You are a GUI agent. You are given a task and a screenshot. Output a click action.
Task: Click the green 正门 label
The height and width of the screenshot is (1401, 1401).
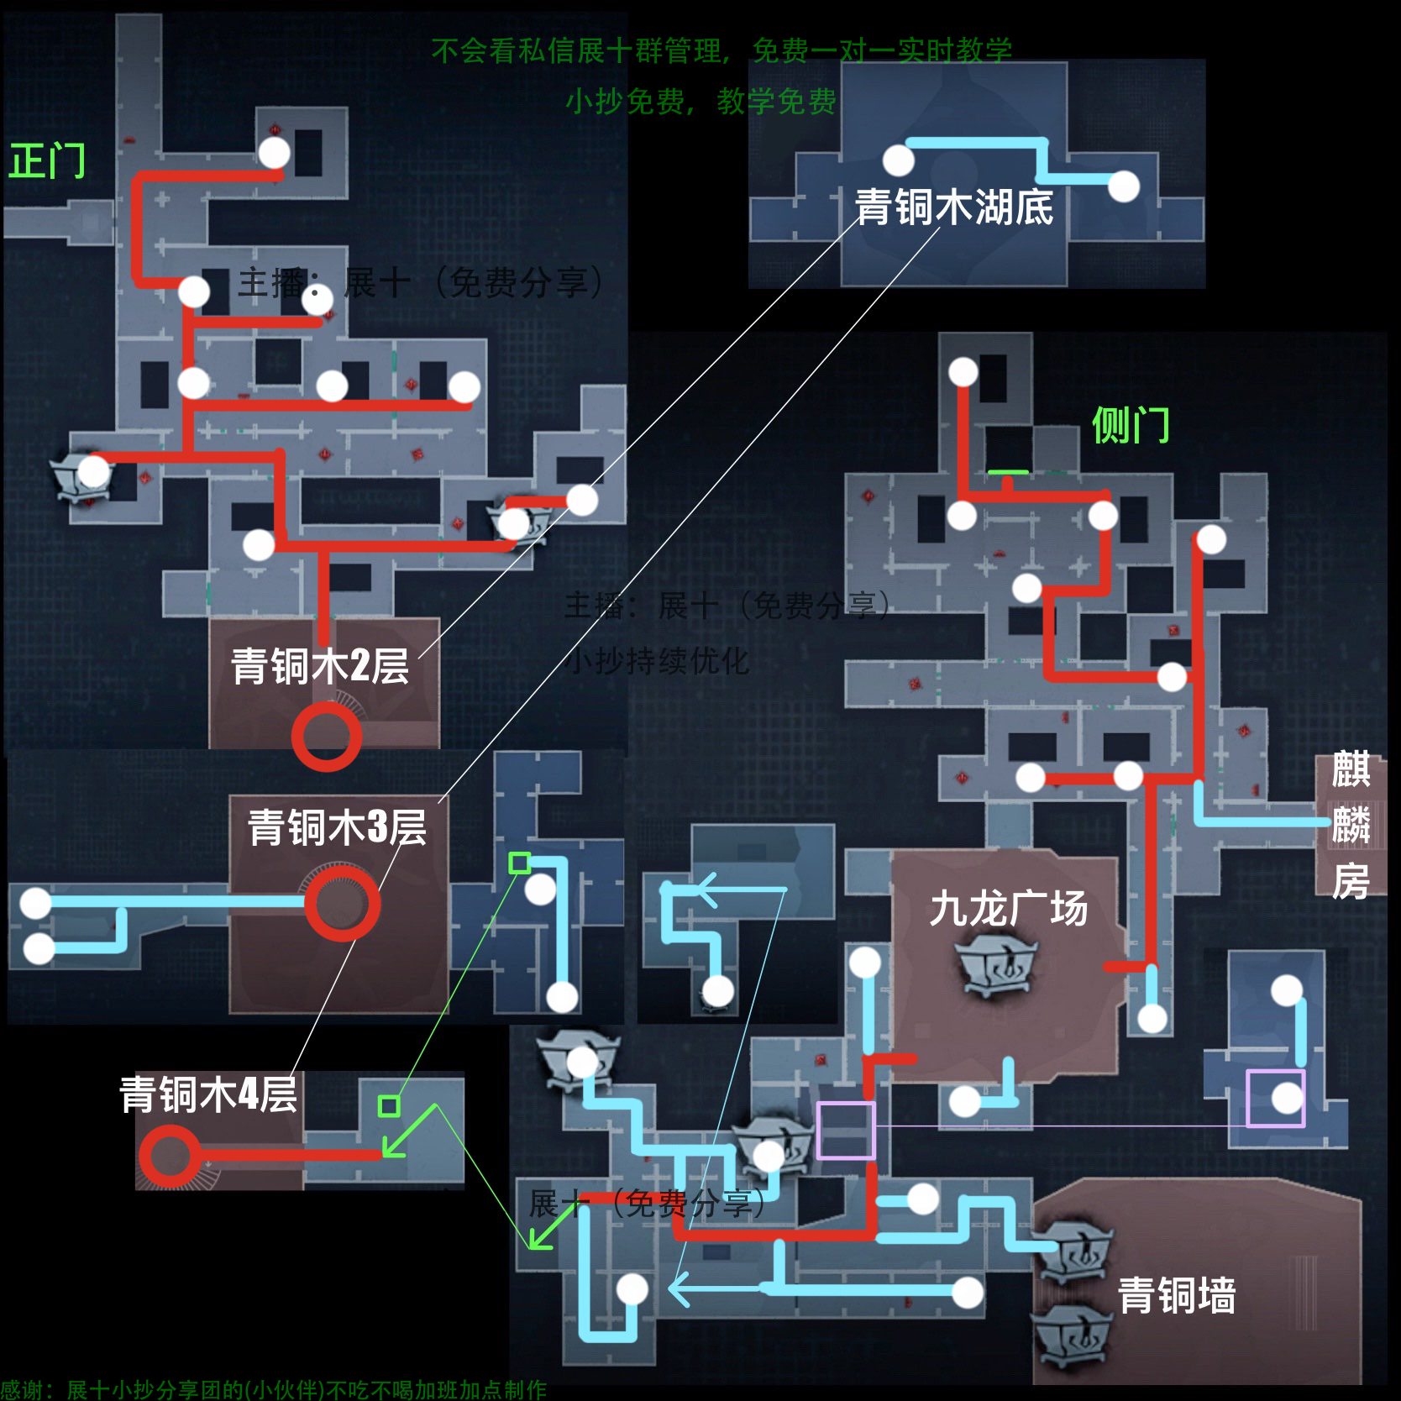coord(47,160)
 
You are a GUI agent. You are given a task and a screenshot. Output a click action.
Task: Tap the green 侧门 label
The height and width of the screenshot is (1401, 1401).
coord(1131,425)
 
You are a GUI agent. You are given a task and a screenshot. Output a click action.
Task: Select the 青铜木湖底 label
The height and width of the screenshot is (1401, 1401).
coord(953,207)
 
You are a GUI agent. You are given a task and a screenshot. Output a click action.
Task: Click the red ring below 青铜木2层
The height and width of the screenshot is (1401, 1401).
coord(327,737)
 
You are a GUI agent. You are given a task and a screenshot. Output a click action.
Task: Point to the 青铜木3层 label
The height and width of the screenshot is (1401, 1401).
coord(337,827)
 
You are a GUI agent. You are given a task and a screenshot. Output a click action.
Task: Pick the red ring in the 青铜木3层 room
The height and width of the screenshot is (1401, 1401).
coord(342,903)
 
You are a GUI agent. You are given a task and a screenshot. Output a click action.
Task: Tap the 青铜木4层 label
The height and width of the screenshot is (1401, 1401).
coord(208,1094)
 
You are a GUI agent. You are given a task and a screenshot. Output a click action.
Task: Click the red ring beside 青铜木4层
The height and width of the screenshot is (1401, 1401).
coord(170,1157)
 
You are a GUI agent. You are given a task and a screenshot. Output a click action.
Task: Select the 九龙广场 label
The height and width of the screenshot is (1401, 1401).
coord(1008,909)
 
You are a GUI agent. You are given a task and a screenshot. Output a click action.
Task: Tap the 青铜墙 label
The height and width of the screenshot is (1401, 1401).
coord(1177,1295)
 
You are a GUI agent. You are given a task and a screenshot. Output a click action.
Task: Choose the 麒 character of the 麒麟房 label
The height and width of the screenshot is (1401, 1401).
coord(1351,769)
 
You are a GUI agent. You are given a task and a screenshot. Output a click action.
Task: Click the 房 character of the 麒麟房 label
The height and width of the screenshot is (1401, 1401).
coord(1351,881)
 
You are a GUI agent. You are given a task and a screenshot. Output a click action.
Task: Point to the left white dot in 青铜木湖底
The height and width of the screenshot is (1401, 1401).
coord(898,160)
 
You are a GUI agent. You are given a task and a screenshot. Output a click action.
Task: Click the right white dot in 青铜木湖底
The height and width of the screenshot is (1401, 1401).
coord(1124,186)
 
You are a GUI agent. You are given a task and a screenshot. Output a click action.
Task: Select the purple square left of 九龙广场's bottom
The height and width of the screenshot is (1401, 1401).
coord(846,1131)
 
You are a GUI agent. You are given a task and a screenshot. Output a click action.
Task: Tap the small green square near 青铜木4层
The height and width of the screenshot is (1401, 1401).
coord(389,1105)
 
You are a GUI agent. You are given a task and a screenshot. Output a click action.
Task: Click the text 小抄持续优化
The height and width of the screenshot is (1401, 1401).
coord(657,661)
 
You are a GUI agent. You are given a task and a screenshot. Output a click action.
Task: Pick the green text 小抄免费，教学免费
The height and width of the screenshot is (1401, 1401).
coord(700,102)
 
